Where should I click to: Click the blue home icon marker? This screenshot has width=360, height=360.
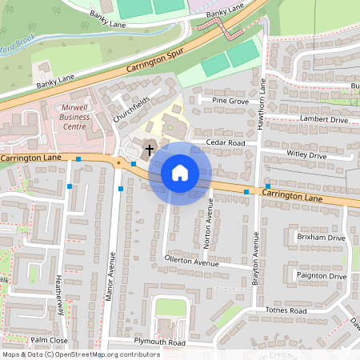pos(180,173)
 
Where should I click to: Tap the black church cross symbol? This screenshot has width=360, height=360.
pos(148,150)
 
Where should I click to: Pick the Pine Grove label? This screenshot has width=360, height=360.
pos(231,102)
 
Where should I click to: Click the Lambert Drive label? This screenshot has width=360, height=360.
pos(324,119)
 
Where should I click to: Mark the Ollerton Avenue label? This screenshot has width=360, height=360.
pos(191,262)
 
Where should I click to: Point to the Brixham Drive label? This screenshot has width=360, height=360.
pos(321,238)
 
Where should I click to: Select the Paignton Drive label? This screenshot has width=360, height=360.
pos(321,276)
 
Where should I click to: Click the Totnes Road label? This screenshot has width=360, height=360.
pos(286,310)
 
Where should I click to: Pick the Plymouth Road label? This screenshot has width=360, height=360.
pos(159,342)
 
